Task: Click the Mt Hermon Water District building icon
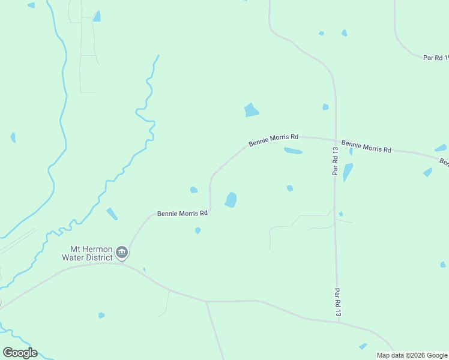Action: click(x=122, y=252)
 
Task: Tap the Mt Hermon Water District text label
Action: click(x=87, y=253)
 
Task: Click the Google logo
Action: click(x=20, y=353)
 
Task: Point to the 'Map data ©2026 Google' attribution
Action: click(x=412, y=355)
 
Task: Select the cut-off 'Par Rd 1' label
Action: click(x=436, y=58)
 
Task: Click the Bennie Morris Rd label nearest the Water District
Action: click(x=182, y=213)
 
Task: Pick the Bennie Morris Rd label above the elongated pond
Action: click(x=273, y=140)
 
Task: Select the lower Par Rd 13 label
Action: click(x=337, y=302)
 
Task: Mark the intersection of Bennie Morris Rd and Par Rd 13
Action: click(x=335, y=140)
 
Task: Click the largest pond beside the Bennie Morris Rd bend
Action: click(x=231, y=200)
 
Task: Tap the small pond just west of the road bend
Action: click(x=194, y=190)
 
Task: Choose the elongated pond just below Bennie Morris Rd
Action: click(x=293, y=151)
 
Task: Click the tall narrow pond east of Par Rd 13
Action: click(x=348, y=172)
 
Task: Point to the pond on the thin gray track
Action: click(x=96, y=16)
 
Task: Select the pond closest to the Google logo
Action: click(x=101, y=315)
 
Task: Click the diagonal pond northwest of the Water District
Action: click(x=112, y=214)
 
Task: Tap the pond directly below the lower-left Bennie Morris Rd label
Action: click(x=197, y=230)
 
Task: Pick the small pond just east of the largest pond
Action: click(x=290, y=188)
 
